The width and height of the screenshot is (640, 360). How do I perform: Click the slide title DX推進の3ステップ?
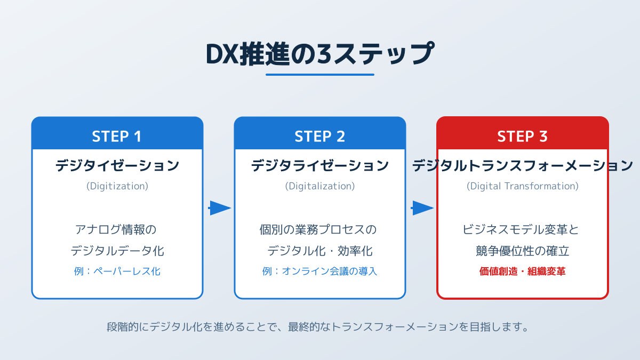tap(319, 54)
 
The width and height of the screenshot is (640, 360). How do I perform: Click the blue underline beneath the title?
tap(319, 75)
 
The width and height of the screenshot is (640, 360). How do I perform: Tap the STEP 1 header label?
tap(117, 137)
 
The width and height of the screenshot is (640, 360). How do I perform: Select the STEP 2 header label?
tap(319, 137)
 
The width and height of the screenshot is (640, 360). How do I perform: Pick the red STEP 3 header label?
tap(522, 137)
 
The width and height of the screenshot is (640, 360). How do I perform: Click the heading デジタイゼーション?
tap(117, 166)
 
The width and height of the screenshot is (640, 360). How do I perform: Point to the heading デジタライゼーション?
tap(319, 166)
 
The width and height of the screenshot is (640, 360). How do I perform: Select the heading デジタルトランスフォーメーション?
tap(522, 166)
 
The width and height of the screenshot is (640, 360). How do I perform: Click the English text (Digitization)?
tap(117, 186)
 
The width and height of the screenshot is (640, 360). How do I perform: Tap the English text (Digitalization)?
tap(319, 186)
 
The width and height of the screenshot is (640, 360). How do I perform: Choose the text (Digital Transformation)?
tap(522, 186)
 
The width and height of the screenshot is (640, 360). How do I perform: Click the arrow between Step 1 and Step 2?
tap(219, 208)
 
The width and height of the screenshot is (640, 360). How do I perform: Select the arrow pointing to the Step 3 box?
tap(422, 208)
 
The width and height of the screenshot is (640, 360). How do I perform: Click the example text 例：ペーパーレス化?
tap(117, 271)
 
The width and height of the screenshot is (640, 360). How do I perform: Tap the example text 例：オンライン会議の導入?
tap(319, 271)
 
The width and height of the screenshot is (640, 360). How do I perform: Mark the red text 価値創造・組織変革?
tap(522, 271)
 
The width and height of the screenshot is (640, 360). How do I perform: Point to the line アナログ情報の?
tap(117, 230)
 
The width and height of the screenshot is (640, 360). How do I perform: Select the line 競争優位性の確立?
tap(522, 251)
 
